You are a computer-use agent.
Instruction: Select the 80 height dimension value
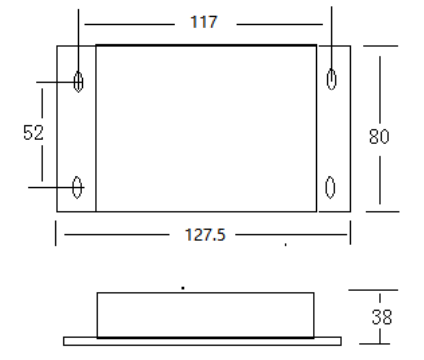(x=379, y=137)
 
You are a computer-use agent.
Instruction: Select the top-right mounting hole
(x=332, y=79)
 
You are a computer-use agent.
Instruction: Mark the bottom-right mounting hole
(x=332, y=185)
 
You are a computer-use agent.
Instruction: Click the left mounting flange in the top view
(x=76, y=129)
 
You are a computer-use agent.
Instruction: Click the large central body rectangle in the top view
(x=205, y=127)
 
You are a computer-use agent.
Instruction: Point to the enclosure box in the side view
(x=206, y=314)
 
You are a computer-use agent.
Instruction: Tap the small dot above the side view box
(x=182, y=288)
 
